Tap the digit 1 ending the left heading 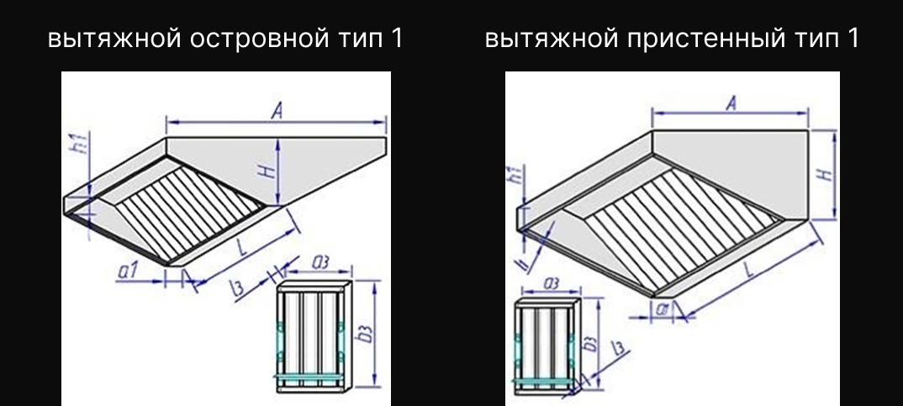click(397, 40)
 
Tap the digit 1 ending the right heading click(853, 40)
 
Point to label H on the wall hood click(825, 174)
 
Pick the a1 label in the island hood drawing click(129, 270)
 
